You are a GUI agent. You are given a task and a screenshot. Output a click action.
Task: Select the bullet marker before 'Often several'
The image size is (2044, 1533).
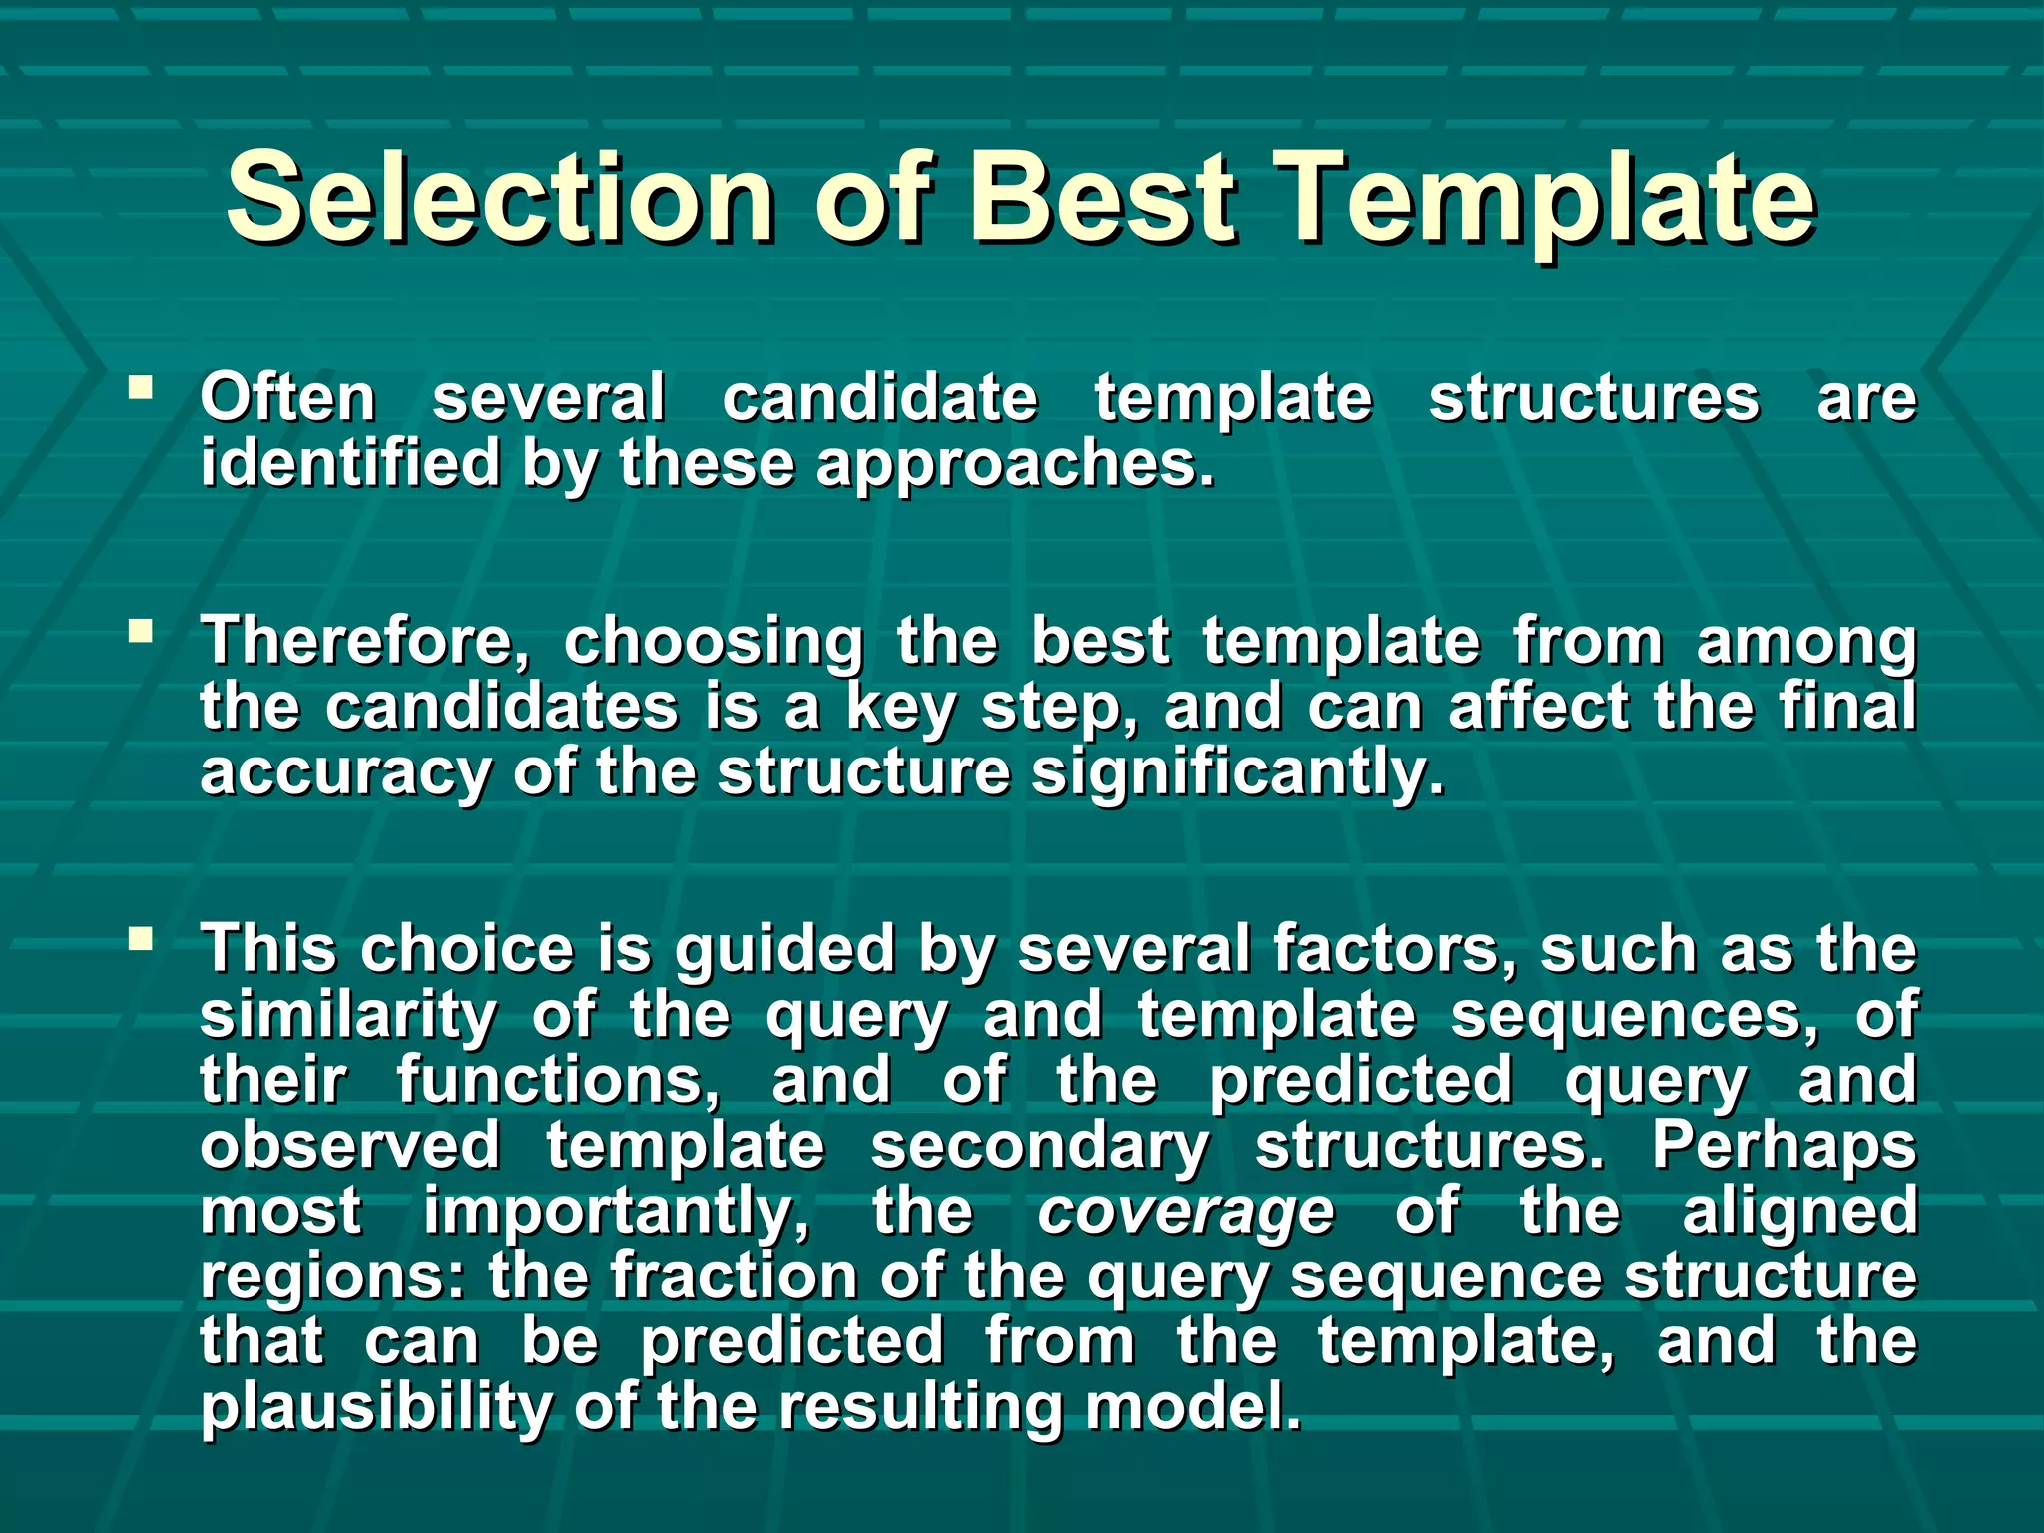click(141, 386)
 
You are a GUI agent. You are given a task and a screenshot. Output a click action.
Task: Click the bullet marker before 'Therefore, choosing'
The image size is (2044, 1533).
click(141, 631)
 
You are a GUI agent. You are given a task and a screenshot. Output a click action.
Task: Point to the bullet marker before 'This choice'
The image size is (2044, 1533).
click(141, 938)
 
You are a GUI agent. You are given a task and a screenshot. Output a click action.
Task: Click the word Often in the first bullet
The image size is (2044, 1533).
click(287, 397)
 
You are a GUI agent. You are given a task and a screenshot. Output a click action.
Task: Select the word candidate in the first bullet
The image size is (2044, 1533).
click(879, 397)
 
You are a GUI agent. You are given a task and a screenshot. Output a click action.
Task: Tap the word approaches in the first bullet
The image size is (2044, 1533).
click(1014, 465)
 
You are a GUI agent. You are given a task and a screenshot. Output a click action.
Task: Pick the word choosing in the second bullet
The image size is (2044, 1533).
click(713, 642)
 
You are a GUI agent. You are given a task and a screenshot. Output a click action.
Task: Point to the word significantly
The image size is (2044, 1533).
click(1237, 773)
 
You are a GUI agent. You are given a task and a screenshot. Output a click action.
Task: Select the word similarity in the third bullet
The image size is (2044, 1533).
click(346, 1015)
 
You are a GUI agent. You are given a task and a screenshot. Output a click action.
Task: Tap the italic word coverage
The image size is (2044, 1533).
click(1185, 1212)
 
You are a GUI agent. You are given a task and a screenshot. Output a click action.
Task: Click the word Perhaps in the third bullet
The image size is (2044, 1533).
click(1784, 1146)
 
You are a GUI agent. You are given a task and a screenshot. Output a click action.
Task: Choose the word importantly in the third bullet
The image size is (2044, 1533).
click(616, 1212)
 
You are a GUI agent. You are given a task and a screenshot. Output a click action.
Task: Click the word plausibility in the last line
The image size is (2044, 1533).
click(375, 1407)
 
